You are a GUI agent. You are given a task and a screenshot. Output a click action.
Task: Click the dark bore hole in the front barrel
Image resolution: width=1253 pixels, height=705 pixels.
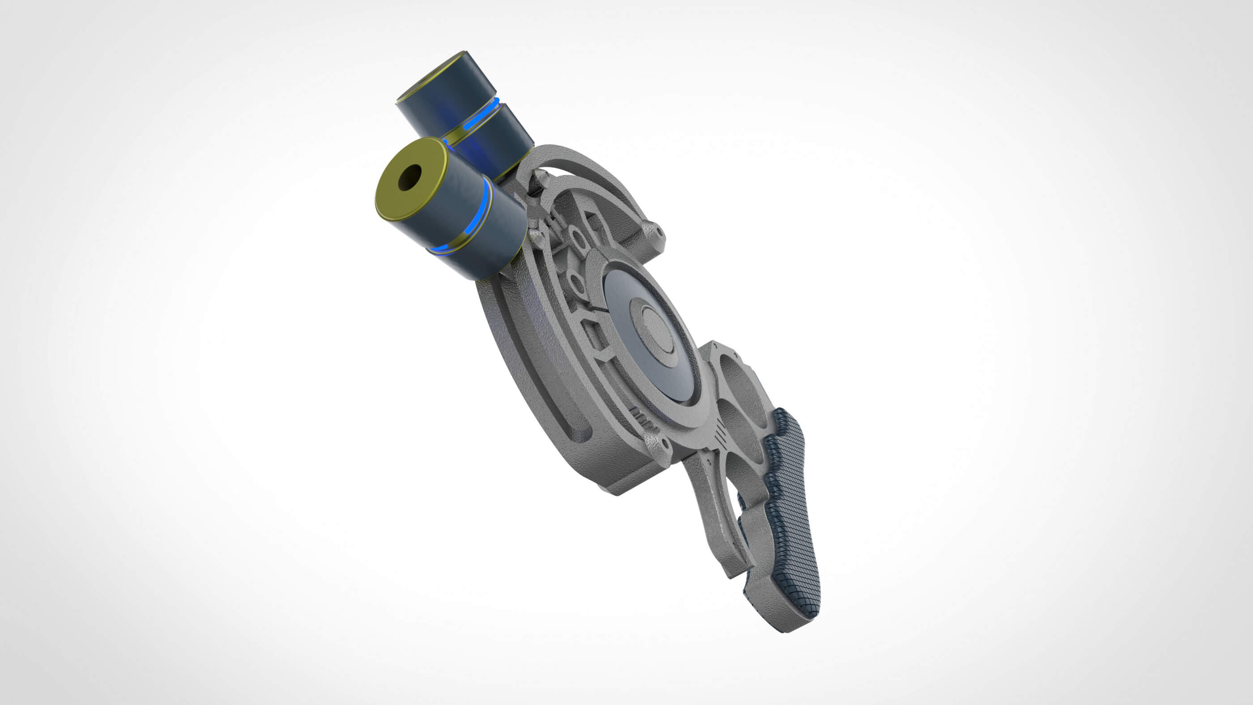pyautogui.click(x=410, y=178)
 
